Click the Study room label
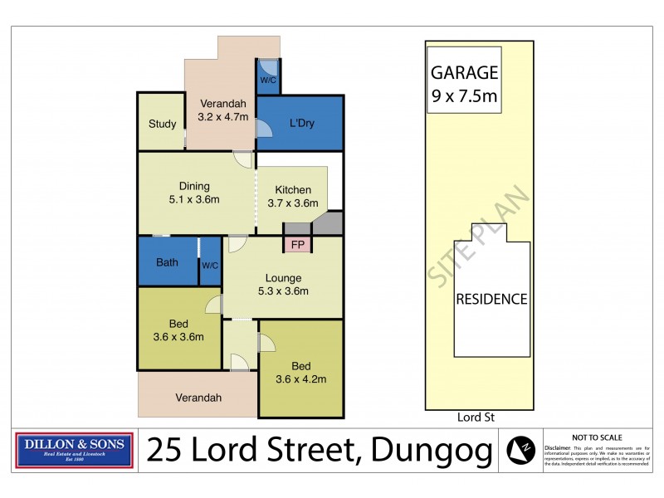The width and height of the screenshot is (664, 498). click(x=163, y=124)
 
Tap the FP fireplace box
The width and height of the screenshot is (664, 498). click(x=297, y=245)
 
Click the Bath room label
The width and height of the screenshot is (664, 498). click(x=168, y=263)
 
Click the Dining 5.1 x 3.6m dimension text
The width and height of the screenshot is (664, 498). click(x=193, y=200)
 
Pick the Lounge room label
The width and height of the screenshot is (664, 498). click(x=283, y=278)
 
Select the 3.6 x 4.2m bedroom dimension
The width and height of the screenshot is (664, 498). click(x=300, y=379)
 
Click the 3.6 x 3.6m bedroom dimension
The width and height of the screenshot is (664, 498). click(x=178, y=337)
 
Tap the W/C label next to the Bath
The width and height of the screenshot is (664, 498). click(x=210, y=265)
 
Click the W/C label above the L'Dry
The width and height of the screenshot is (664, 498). click(x=268, y=81)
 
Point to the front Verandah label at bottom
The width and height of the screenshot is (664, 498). click(x=198, y=398)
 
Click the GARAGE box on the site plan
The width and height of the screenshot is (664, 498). click(x=464, y=84)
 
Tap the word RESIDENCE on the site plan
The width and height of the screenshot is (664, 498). click(x=491, y=299)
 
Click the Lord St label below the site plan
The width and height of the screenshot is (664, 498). click(x=476, y=417)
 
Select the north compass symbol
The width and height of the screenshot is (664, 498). click(x=521, y=451)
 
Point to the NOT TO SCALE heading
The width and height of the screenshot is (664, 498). click(x=597, y=437)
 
